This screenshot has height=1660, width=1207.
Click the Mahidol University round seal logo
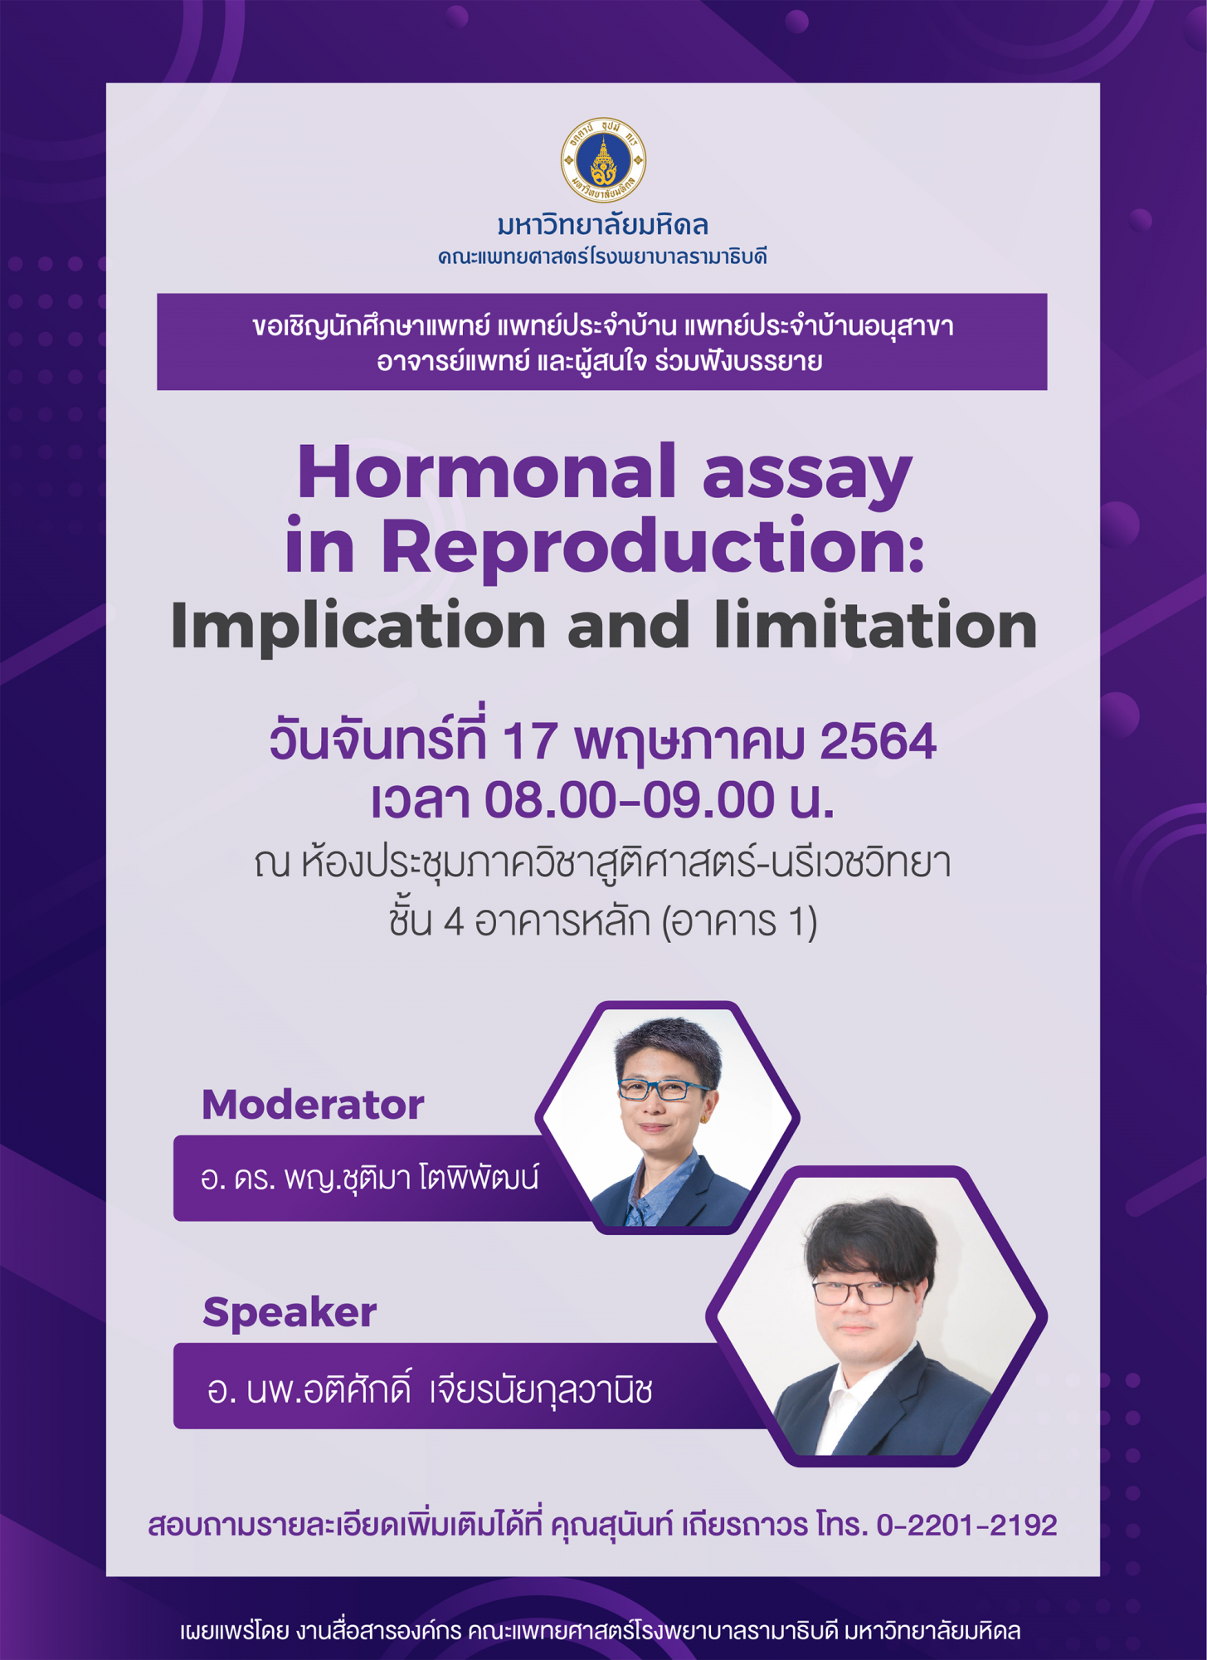click(603, 160)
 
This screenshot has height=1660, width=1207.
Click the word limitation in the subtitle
click(875, 624)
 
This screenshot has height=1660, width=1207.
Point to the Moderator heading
click(313, 1105)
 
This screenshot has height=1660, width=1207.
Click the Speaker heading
click(290, 1313)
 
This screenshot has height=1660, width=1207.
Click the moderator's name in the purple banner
click(370, 1178)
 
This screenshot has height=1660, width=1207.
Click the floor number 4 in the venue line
click(454, 921)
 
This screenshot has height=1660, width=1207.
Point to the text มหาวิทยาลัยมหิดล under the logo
click(603, 224)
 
